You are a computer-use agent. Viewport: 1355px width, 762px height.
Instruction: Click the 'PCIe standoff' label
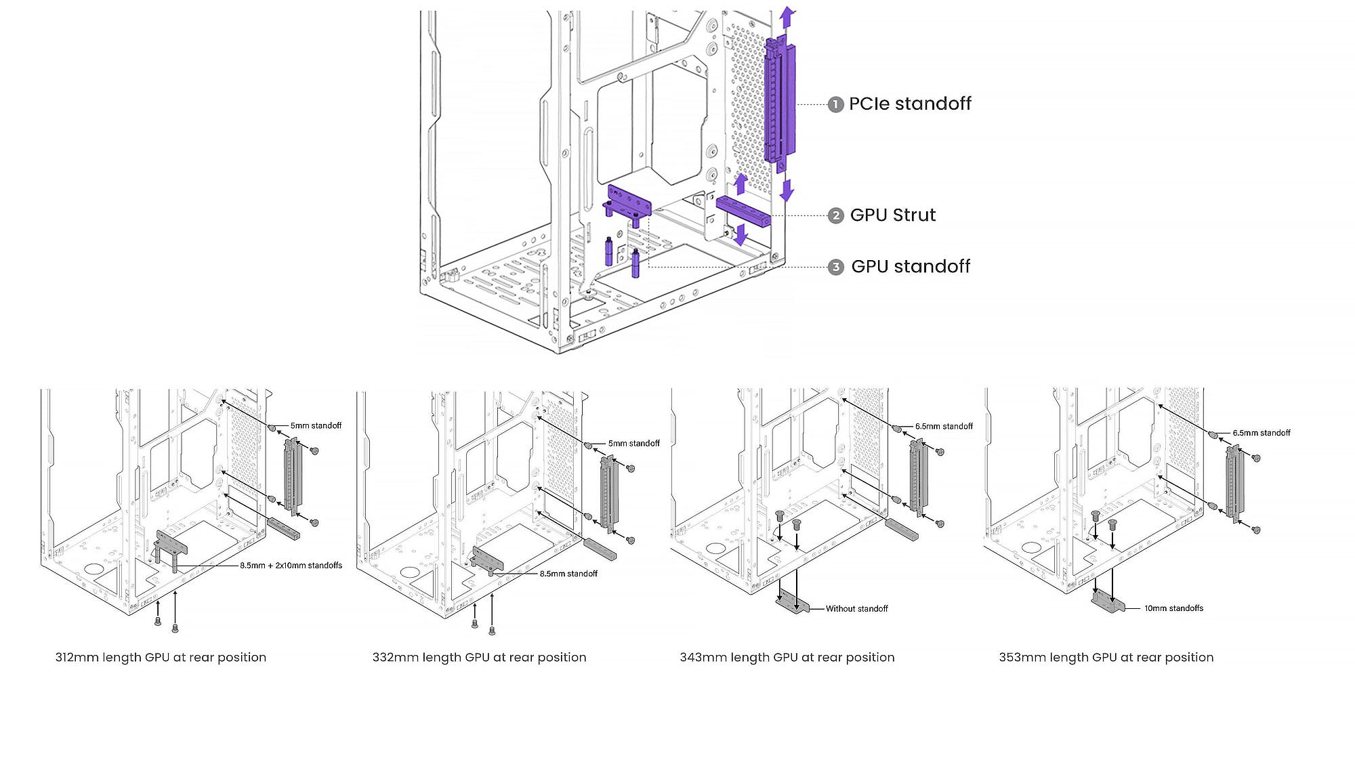tap(909, 104)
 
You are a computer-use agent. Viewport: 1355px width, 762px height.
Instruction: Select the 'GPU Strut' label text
tap(892, 215)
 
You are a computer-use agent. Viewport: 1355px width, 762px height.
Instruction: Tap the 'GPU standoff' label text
tap(910, 267)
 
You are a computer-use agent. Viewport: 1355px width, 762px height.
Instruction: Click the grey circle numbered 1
tap(835, 104)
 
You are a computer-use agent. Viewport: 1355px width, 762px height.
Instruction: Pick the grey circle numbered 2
tap(836, 215)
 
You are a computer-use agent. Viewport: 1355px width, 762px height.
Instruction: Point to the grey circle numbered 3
tap(836, 267)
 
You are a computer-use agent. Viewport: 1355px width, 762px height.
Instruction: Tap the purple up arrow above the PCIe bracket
tap(787, 18)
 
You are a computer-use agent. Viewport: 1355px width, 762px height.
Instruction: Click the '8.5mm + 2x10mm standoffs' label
tap(291, 566)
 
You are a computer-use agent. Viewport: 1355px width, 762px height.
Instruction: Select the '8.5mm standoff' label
tap(568, 574)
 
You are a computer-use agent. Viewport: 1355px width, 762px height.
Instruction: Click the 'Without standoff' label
tap(856, 609)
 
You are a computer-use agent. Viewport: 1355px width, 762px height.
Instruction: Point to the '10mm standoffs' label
tap(1173, 608)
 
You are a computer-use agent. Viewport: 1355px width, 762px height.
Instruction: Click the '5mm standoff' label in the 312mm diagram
tap(316, 425)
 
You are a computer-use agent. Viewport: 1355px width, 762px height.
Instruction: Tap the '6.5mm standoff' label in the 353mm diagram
tap(1261, 433)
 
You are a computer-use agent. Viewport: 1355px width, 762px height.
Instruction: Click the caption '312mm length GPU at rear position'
tap(161, 657)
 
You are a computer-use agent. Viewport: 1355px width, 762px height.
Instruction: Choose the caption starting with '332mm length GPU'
tap(479, 657)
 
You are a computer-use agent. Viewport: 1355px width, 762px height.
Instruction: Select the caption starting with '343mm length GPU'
tap(787, 657)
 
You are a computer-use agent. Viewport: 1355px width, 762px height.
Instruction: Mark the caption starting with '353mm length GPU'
tap(1106, 657)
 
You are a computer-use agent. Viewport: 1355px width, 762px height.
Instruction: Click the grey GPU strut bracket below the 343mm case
tap(793, 601)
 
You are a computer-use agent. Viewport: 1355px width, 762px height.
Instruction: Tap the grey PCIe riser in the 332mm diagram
tap(607, 491)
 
